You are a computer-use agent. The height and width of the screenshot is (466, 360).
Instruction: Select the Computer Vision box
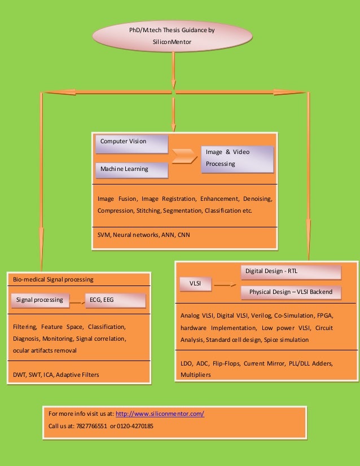coord(131,143)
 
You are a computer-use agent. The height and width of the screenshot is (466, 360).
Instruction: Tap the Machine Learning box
coord(131,170)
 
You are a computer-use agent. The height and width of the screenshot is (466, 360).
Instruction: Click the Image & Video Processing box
coord(237,159)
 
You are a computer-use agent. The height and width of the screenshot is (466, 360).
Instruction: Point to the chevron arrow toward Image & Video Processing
coord(185,156)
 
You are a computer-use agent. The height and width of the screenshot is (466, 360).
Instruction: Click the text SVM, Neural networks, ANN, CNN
coord(144,235)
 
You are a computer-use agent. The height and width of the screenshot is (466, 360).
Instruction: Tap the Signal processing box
coord(39,300)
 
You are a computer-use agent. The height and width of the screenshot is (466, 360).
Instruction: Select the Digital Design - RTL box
coord(291,272)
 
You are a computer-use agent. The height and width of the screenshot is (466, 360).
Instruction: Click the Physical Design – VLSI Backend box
coord(291,292)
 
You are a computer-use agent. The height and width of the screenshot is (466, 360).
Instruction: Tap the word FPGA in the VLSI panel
coord(319,315)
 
